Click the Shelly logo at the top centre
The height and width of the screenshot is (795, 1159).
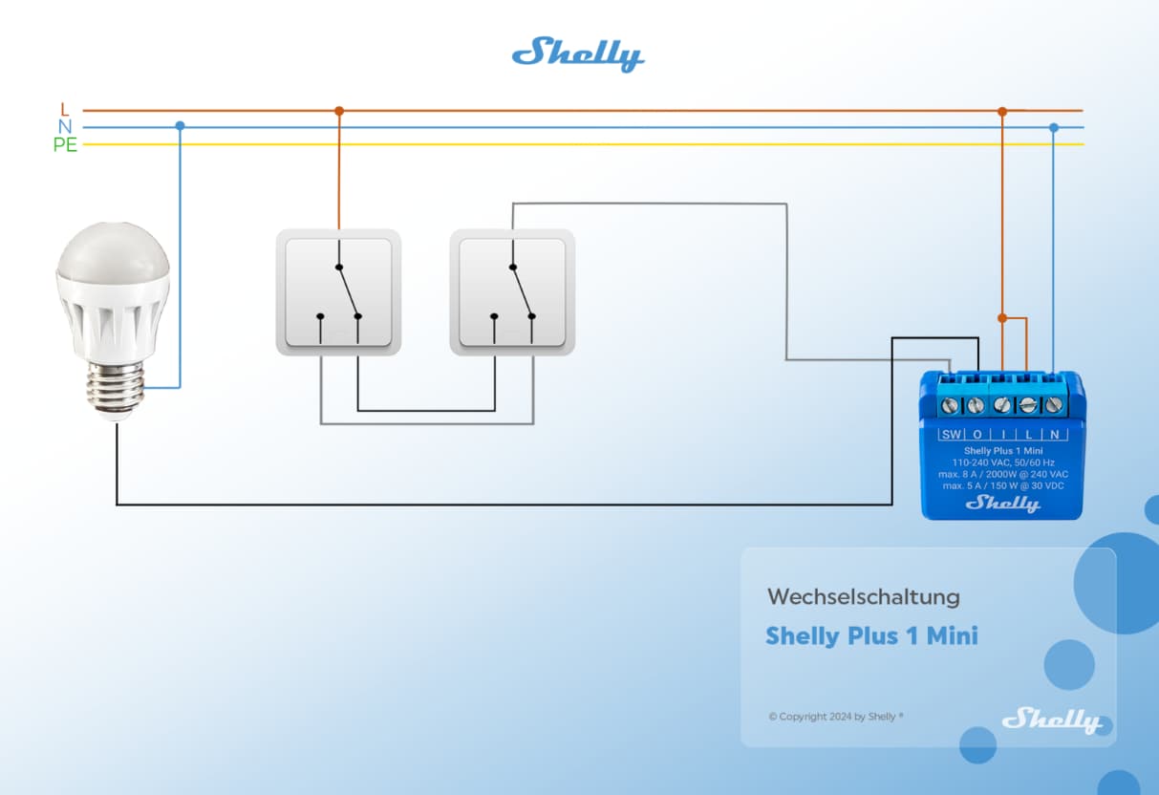pyautogui.click(x=578, y=54)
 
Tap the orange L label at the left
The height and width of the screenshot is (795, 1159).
pyautogui.click(x=65, y=110)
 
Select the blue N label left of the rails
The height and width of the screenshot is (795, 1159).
pyautogui.click(x=65, y=127)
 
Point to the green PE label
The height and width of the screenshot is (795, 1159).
pyautogui.click(x=65, y=145)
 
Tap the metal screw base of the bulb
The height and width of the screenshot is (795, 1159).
pyautogui.click(x=116, y=390)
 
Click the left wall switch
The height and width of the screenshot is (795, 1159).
pyautogui.click(x=338, y=291)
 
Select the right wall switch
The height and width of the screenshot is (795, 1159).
pyautogui.click(x=512, y=291)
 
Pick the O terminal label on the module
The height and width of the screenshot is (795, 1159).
pyautogui.click(x=977, y=435)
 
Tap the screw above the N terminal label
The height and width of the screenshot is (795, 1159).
pyautogui.click(x=1053, y=405)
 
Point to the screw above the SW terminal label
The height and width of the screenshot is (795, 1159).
pyautogui.click(x=950, y=405)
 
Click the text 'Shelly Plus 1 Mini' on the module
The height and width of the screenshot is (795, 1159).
pyautogui.click(x=1002, y=450)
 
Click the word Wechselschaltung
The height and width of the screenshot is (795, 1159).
pyautogui.click(x=863, y=598)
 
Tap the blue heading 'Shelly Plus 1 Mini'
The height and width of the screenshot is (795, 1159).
pyautogui.click(x=871, y=636)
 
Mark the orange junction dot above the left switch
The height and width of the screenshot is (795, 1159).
pyautogui.click(x=338, y=111)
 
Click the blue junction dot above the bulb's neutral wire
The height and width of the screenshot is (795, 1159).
pyautogui.click(x=180, y=126)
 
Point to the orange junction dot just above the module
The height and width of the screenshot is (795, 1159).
pyautogui.click(x=1002, y=317)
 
